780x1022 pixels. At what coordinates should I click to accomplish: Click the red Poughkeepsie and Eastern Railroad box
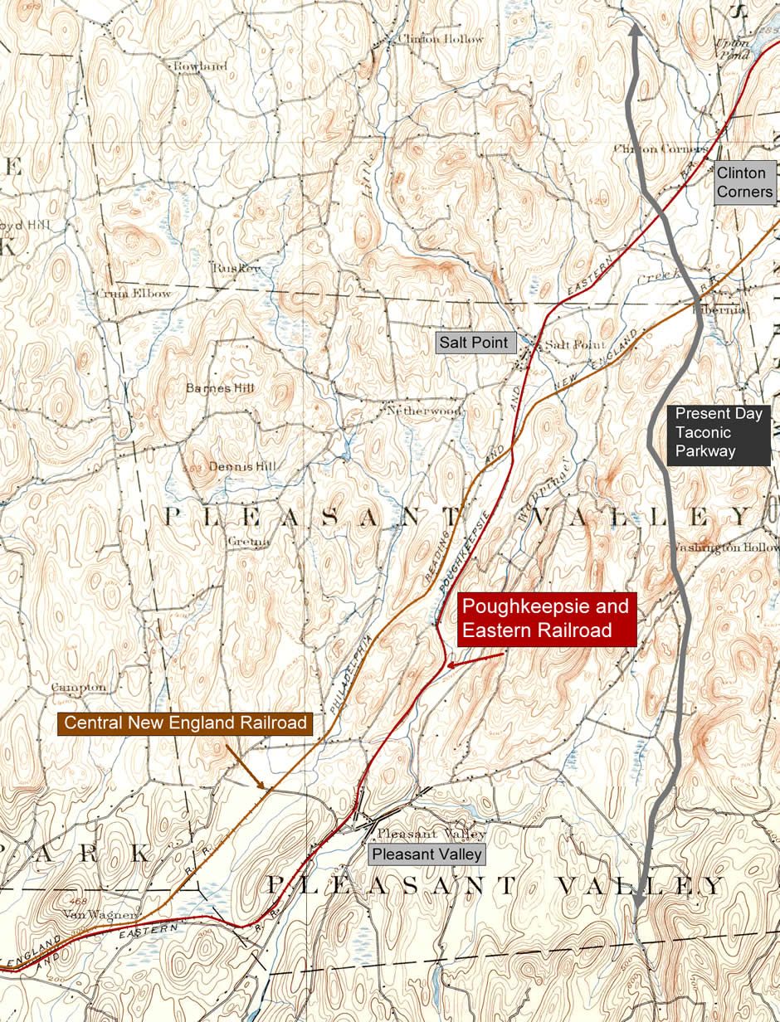[547, 618]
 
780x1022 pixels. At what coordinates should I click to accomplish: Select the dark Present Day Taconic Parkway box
[718, 432]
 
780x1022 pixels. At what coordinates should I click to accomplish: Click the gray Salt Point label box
[473, 343]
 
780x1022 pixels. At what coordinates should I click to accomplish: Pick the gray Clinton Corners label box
[745, 182]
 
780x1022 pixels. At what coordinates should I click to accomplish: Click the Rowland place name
[199, 66]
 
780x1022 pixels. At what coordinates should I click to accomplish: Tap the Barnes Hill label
[220, 387]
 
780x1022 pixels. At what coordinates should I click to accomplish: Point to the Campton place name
[79, 687]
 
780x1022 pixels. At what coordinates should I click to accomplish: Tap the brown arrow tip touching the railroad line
[264, 788]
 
